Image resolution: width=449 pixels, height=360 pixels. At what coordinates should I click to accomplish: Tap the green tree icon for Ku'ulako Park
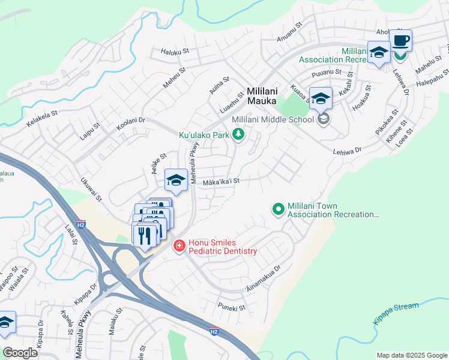click(239, 134)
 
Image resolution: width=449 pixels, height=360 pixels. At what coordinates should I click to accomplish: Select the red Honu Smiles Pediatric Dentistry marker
click(179, 246)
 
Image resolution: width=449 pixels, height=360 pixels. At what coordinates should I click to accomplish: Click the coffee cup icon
click(400, 41)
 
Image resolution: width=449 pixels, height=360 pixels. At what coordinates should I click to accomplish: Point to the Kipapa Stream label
click(396, 313)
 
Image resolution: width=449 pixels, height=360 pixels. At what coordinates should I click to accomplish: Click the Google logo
click(21, 352)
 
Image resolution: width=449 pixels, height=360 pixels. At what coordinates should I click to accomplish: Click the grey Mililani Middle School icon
click(324, 119)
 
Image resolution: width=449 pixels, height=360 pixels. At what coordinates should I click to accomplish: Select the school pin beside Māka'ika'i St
click(176, 179)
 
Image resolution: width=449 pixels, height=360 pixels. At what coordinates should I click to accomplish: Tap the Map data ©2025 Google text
click(411, 355)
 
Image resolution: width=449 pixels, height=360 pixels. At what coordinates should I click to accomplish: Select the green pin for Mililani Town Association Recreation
click(278, 209)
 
